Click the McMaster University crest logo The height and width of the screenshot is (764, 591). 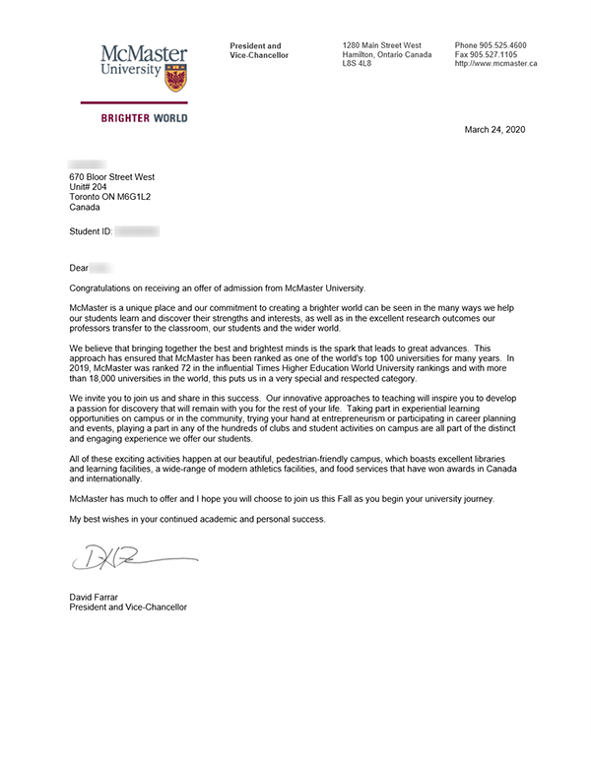pyautogui.click(x=176, y=79)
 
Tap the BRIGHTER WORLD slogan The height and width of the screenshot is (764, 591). pyautogui.click(x=144, y=118)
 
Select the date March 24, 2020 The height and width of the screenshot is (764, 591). pyautogui.click(x=495, y=129)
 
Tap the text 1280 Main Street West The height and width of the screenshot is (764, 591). pyautogui.click(x=381, y=45)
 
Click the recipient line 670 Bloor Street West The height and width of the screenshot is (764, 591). pyautogui.click(x=112, y=176)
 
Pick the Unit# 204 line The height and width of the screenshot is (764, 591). pyautogui.click(x=89, y=187)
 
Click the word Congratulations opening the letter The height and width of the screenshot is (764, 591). pyautogui.click(x=104, y=287)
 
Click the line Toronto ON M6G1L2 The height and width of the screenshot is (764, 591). pyautogui.click(x=110, y=197)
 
